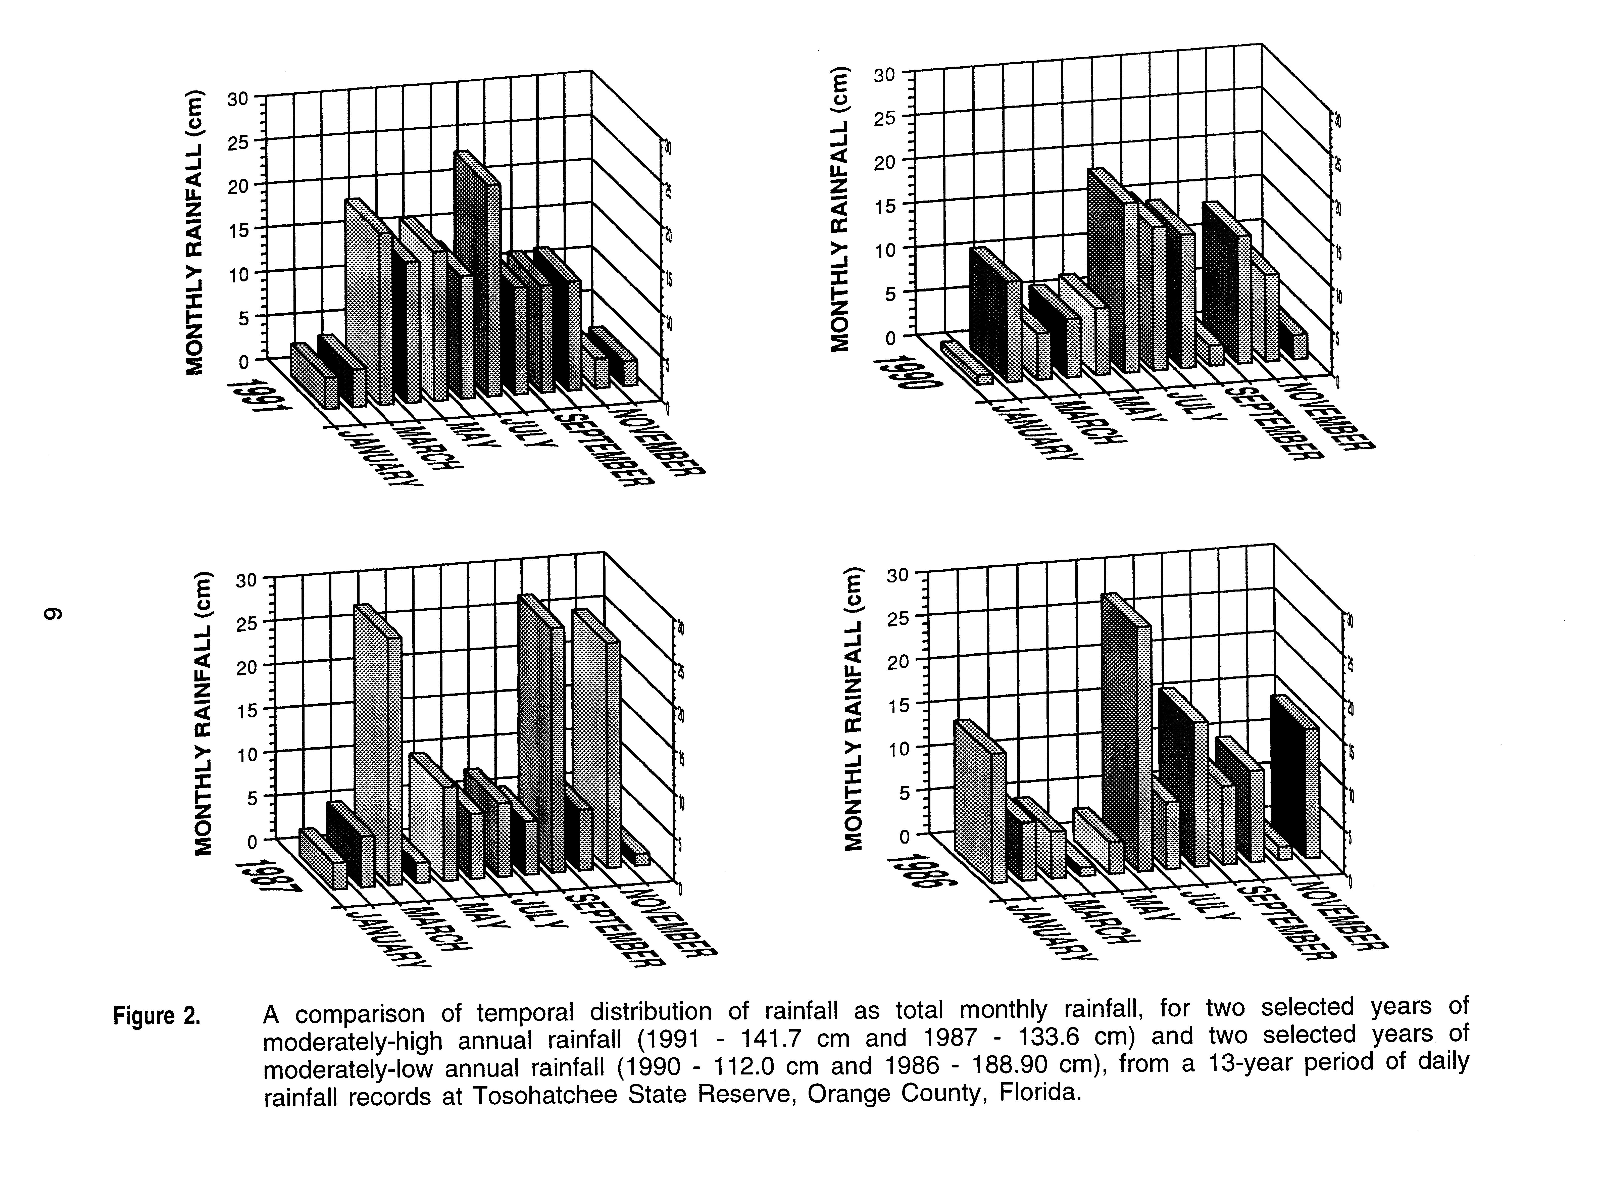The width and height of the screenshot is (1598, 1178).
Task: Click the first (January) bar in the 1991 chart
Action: click(x=314, y=376)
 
